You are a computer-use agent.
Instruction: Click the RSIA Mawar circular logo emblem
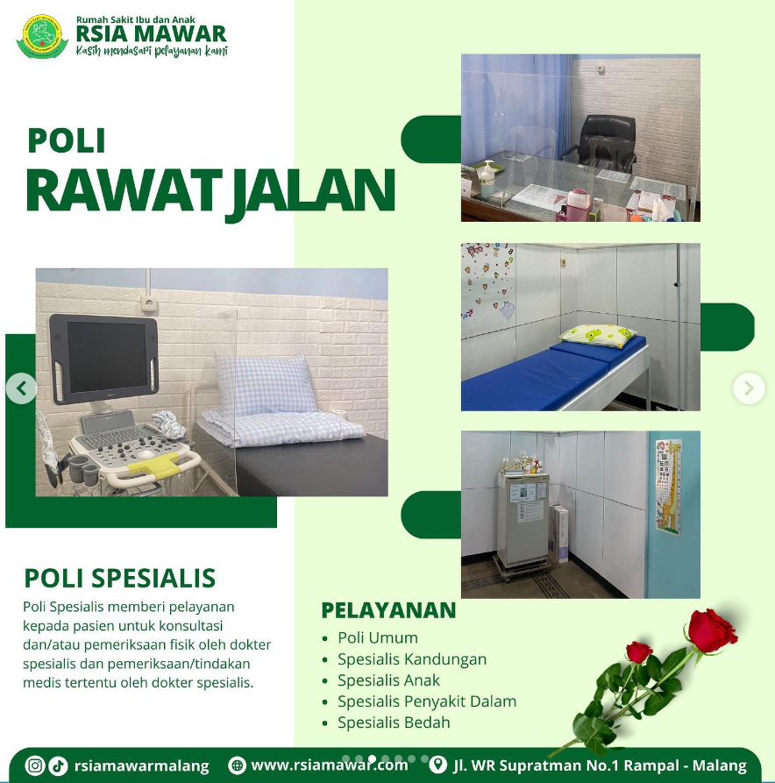pos(42,37)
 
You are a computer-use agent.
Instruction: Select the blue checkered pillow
pos(265,385)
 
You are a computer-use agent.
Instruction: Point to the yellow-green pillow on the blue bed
pos(597,336)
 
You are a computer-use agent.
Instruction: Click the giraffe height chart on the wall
pos(669,488)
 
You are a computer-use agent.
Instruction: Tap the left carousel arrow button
pos(21,388)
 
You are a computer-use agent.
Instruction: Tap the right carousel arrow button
pos(749,388)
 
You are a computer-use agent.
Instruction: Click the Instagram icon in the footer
pos(34,765)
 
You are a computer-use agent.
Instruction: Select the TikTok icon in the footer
pos(59,765)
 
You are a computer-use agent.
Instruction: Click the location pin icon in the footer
pos(437,765)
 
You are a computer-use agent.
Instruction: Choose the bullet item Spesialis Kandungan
pos(411,659)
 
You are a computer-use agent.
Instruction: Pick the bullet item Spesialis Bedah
pos(394,722)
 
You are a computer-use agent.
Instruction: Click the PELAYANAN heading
pos(388,610)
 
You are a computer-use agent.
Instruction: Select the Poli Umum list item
pos(378,637)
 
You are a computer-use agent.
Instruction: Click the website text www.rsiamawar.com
pos(329,765)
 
